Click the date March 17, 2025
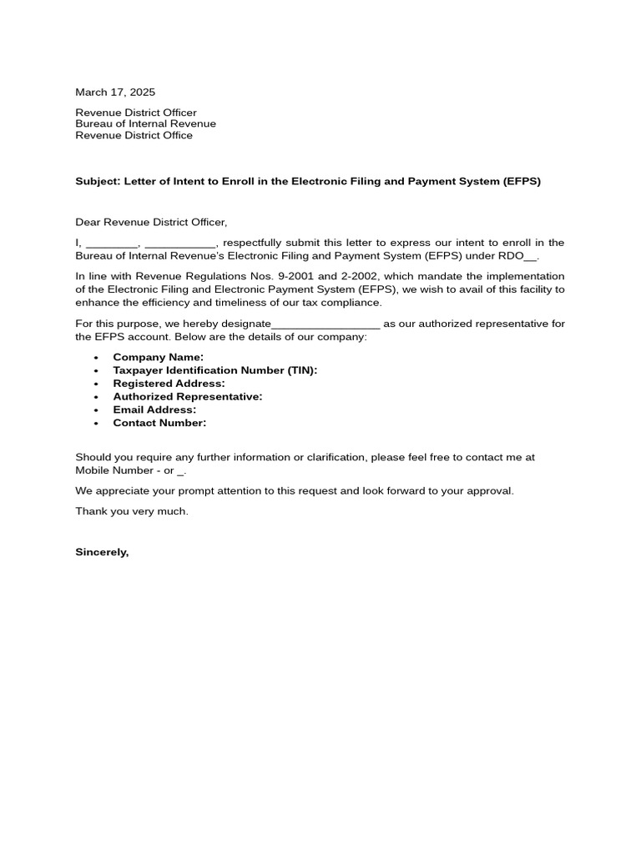tap(115, 93)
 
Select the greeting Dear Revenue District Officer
tap(151, 222)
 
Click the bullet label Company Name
tap(158, 357)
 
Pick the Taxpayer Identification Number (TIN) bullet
tap(215, 370)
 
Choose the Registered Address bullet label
tap(169, 384)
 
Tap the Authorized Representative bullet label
tap(188, 397)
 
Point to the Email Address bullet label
tap(154, 409)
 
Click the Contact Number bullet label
tap(159, 423)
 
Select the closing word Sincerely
tap(102, 552)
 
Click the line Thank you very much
tap(132, 511)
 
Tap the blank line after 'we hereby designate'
tap(326, 324)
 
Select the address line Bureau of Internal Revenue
tap(145, 123)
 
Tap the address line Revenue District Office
tap(134, 135)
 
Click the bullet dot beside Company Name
tap(96, 358)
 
